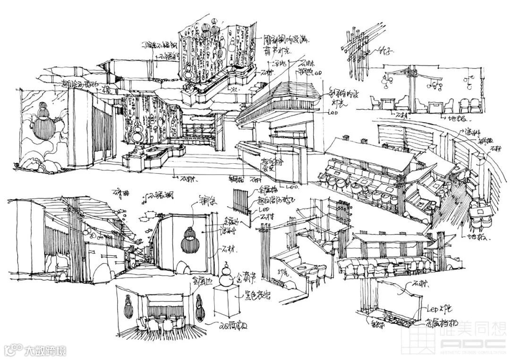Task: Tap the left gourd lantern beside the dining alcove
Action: coord(127,307)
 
